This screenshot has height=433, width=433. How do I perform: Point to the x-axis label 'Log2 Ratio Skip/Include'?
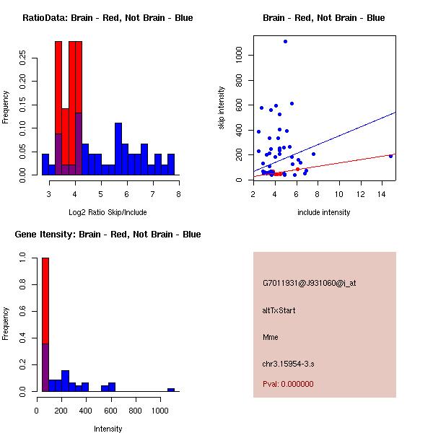[x=107, y=212]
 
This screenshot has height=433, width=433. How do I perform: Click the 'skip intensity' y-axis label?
[x=222, y=109]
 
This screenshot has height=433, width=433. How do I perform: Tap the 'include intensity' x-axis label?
[x=324, y=212]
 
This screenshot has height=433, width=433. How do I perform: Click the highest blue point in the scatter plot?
[x=285, y=41]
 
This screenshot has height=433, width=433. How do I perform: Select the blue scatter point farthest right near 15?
[x=390, y=156]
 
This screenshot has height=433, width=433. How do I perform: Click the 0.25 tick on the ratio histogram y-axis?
[x=23, y=59]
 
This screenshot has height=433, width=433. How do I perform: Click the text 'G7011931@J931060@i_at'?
[x=309, y=283]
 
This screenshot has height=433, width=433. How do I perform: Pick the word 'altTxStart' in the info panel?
[x=279, y=310]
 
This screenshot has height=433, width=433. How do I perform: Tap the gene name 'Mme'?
[x=271, y=337]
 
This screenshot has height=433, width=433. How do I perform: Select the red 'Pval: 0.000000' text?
[x=288, y=384]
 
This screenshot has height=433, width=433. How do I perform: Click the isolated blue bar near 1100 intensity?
[x=171, y=390]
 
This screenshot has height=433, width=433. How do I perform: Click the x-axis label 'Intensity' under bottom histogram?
[x=108, y=429]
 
